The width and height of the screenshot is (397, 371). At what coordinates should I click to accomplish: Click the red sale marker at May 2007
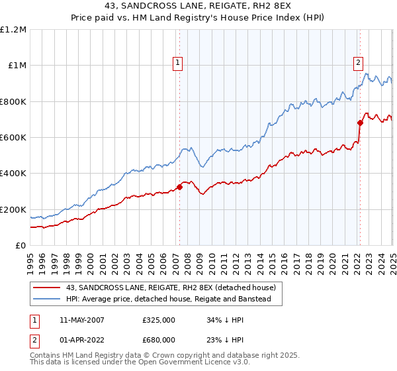click(179, 187)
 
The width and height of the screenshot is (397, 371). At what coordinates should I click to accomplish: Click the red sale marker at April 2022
click(361, 123)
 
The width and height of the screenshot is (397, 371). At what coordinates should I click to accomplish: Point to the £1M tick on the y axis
click(19, 66)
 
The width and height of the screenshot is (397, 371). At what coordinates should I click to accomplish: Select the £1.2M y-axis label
click(15, 30)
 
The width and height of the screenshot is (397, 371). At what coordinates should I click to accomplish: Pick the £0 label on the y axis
click(22, 246)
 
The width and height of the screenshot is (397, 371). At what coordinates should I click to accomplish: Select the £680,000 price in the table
click(159, 341)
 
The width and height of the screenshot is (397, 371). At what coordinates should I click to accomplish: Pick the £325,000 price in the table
click(159, 319)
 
